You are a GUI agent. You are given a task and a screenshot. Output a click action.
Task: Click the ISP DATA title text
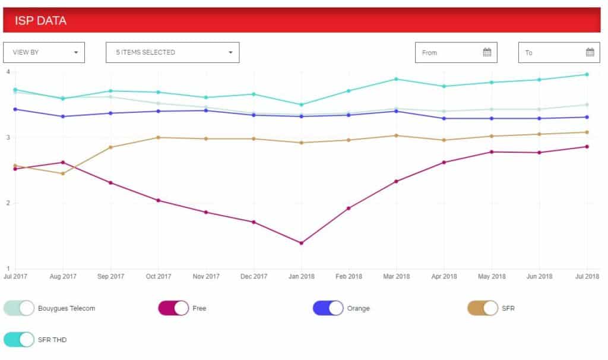40,21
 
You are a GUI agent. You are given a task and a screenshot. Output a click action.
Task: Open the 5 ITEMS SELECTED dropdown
173,52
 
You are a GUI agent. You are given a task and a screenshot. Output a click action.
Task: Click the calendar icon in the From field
487,52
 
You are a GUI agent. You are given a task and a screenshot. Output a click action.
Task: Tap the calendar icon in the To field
590,52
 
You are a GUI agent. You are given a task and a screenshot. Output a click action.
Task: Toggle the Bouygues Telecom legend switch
19,308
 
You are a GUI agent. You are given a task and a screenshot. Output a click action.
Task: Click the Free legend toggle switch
173,308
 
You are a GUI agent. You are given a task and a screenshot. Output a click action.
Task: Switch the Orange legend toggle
328,308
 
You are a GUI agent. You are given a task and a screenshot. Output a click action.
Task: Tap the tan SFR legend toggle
483,308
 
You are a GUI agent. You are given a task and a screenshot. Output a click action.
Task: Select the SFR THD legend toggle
19,339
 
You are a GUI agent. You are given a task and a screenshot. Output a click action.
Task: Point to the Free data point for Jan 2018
301,243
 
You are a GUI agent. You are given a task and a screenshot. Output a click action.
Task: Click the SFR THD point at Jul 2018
587,74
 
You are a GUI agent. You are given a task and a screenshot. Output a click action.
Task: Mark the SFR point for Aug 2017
63,173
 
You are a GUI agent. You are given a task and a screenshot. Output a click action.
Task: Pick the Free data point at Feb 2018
349,209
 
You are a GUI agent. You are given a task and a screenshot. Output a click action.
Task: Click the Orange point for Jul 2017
15,109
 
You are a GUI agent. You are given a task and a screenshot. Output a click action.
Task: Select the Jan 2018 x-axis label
301,277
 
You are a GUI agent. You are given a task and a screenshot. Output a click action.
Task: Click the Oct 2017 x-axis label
158,277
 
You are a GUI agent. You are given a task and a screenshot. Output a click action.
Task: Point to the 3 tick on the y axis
8,137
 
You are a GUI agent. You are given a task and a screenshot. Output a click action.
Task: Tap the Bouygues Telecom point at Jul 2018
587,105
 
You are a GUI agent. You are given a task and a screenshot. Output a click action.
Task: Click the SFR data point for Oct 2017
158,137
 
